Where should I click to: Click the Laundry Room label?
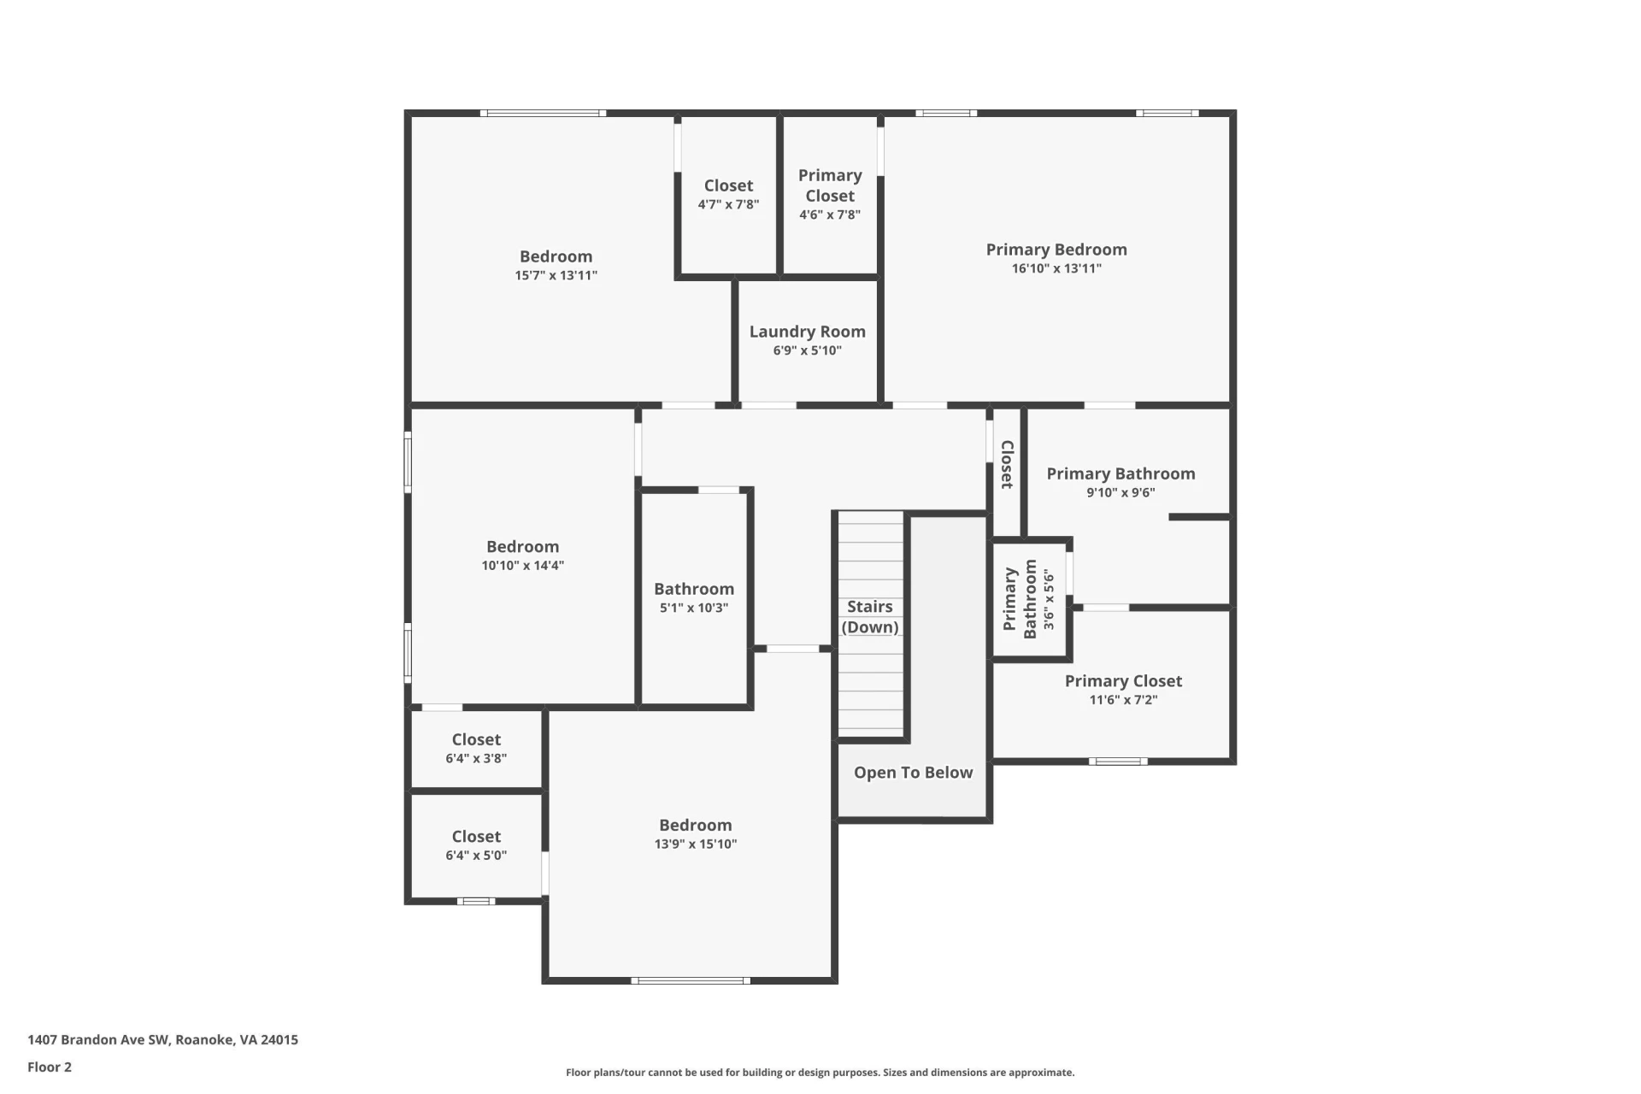coord(807,332)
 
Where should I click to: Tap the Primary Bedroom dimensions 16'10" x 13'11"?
coord(1056,268)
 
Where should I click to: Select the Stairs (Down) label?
coord(869,616)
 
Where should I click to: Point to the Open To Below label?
coord(913,773)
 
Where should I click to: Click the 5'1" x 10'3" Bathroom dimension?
coord(694,608)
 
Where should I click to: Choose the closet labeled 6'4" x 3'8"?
coord(476,748)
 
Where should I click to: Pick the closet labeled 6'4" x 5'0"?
coord(476,845)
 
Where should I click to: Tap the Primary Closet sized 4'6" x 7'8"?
coord(830,195)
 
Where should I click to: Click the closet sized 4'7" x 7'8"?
coord(728,195)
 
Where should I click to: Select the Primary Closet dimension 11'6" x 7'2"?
coord(1123,700)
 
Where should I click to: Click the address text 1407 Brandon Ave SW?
coord(98,1039)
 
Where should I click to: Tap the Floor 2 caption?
coord(50,1067)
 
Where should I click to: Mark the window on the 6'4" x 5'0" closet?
coord(476,901)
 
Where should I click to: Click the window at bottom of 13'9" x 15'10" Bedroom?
coord(691,980)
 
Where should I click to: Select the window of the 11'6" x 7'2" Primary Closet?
coord(1118,761)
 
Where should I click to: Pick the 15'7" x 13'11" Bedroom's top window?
coord(543,113)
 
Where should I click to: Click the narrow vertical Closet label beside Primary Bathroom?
coord(1007,465)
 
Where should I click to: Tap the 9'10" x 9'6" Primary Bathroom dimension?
coord(1120,492)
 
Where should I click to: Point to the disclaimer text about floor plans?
coord(820,1072)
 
